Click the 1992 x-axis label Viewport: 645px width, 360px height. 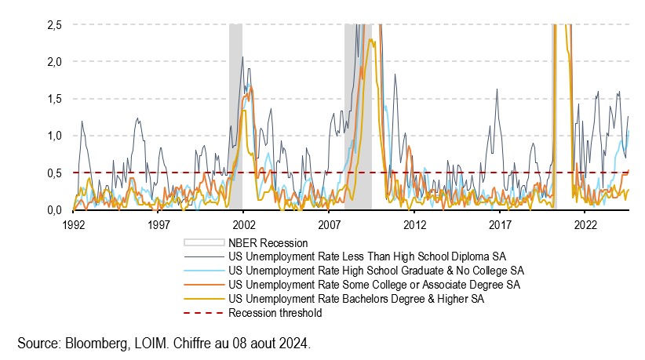tap(73, 224)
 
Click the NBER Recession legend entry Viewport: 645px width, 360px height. tap(267, 243)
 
